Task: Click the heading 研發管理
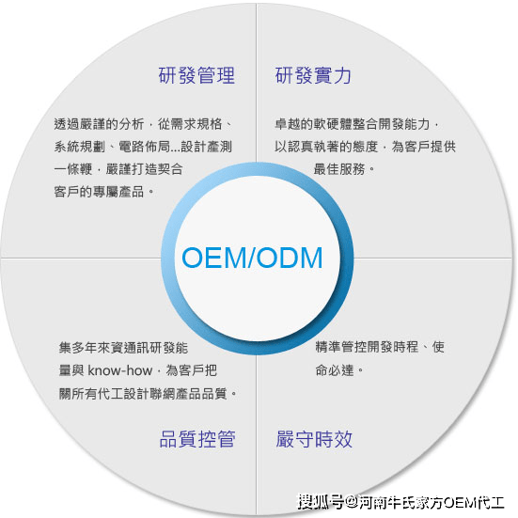(x=196, y=75)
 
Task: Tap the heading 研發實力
(x=313, y=75)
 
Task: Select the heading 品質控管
(x=197, y=439)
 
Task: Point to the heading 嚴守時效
(x=314, y=439)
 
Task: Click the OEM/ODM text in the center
(x=252, y=258)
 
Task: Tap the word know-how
(x=119, y=370)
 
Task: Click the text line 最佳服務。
(x=344, y=169)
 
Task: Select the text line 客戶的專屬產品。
(x=104, y=192)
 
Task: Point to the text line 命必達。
(x=339, y=370)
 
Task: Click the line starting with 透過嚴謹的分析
(x=144, y=124)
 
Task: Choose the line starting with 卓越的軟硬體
(x=357, y=124)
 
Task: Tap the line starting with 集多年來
(x=123, y=348)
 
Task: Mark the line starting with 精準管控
(x=380, y=347)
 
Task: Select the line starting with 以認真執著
(x=365, y=147)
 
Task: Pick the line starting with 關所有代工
(x=148, y=394)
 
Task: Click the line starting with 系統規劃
(x=143, y=147)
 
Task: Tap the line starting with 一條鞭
(x=118, y=169)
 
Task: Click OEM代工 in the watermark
(x=474, y=502)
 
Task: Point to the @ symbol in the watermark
(x=351, y=502)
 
